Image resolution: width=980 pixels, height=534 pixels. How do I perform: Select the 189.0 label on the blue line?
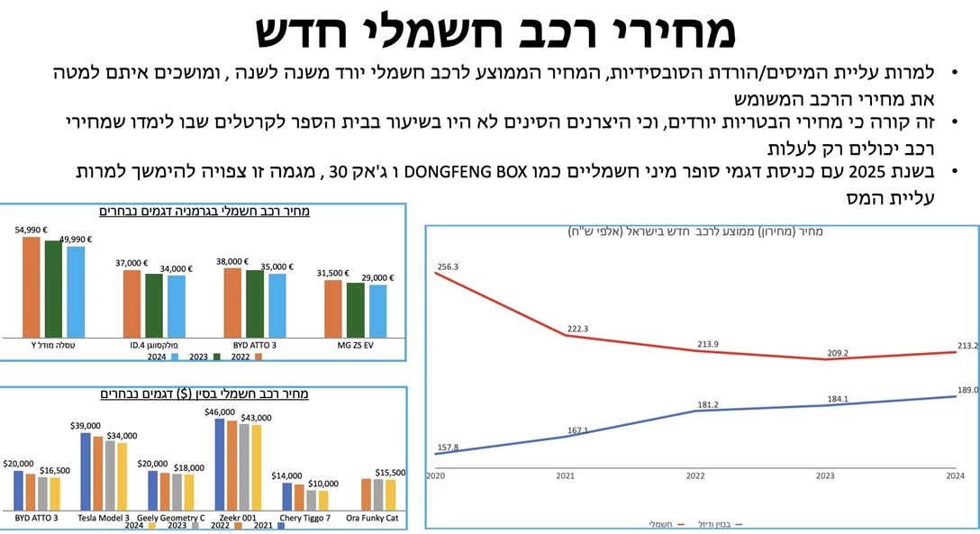tap(967, 390)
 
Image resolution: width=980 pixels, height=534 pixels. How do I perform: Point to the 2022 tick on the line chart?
tap(695, 475)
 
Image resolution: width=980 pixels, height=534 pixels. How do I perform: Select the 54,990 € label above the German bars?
tap(31, 231)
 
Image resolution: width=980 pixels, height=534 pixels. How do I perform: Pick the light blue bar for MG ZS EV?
tap(377, 311)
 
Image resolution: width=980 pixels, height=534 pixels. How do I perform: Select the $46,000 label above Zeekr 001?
tap(220, 412)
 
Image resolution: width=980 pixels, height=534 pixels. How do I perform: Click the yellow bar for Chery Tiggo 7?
tap(323, 501)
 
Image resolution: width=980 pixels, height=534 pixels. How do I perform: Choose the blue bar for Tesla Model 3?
tap(86, 472)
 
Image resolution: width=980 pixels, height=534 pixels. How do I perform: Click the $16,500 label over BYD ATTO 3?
tap(55, 470)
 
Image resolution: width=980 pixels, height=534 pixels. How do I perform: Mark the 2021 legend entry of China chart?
tap(268, 525)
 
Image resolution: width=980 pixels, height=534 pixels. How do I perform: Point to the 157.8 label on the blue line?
tap(448, 447)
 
